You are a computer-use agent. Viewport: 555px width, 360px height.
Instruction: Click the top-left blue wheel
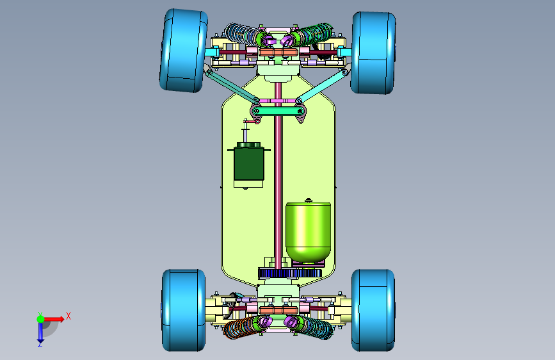coord(183,51)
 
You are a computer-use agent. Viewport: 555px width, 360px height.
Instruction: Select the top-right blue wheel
coord(373,53)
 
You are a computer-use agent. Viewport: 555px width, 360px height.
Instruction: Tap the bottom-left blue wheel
coord(184,311)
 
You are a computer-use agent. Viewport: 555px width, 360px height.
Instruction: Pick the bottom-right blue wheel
coord(373,311)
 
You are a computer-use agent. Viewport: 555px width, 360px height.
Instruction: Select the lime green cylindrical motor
coord(309,232)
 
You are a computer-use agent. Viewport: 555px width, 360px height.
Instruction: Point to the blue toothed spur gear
coord(290,273)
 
